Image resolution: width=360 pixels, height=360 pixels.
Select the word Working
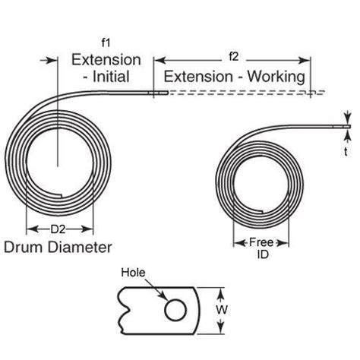(280, 76)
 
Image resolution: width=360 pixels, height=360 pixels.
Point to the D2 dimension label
(59, 229)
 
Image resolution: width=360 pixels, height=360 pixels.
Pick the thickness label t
(347, 150)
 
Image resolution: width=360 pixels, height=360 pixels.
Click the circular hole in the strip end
(174, 309)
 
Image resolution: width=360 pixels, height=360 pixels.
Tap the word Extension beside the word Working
(194, 76)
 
